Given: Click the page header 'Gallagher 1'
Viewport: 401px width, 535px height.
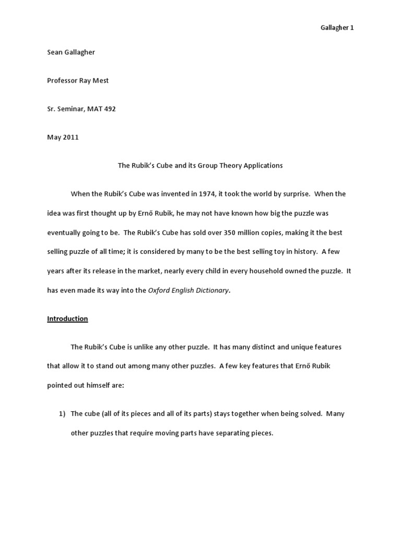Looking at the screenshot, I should (x=336, y=28).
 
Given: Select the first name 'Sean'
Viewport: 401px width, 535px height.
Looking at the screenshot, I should (x=55, y=53).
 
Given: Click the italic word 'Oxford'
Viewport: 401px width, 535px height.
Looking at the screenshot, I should (x=159, y=290).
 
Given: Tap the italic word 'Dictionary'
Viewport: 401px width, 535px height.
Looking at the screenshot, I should (x=211, y=290).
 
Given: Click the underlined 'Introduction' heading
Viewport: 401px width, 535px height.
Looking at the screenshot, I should (x=67, y=319).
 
